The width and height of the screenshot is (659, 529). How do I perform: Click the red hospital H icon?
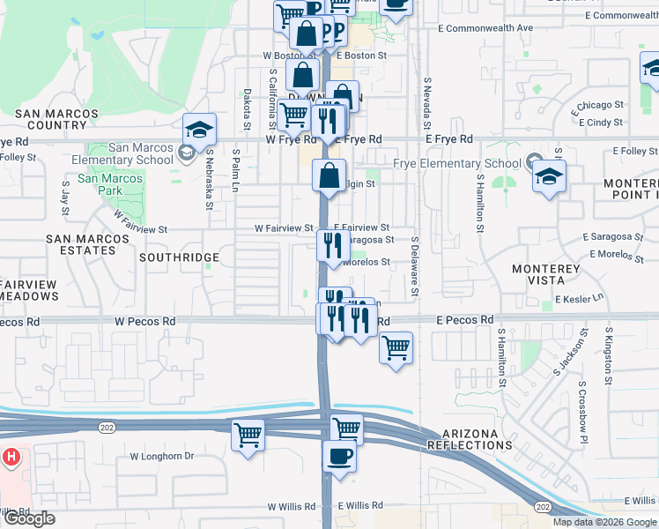(11, 458)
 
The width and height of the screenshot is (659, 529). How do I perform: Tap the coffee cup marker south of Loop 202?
(339, 457)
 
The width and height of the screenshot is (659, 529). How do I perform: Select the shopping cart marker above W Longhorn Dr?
(248, 436)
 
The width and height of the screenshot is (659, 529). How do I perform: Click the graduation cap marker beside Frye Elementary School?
(549, 177)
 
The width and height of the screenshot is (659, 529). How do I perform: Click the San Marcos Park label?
(110, 184)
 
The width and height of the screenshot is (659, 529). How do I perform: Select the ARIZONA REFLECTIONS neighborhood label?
(470, 439)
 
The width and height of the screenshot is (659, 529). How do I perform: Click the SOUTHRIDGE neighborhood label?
(179, 257)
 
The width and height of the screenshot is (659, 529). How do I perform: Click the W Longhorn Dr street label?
(161, 456)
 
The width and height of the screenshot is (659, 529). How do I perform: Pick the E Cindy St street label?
(602, 123)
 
